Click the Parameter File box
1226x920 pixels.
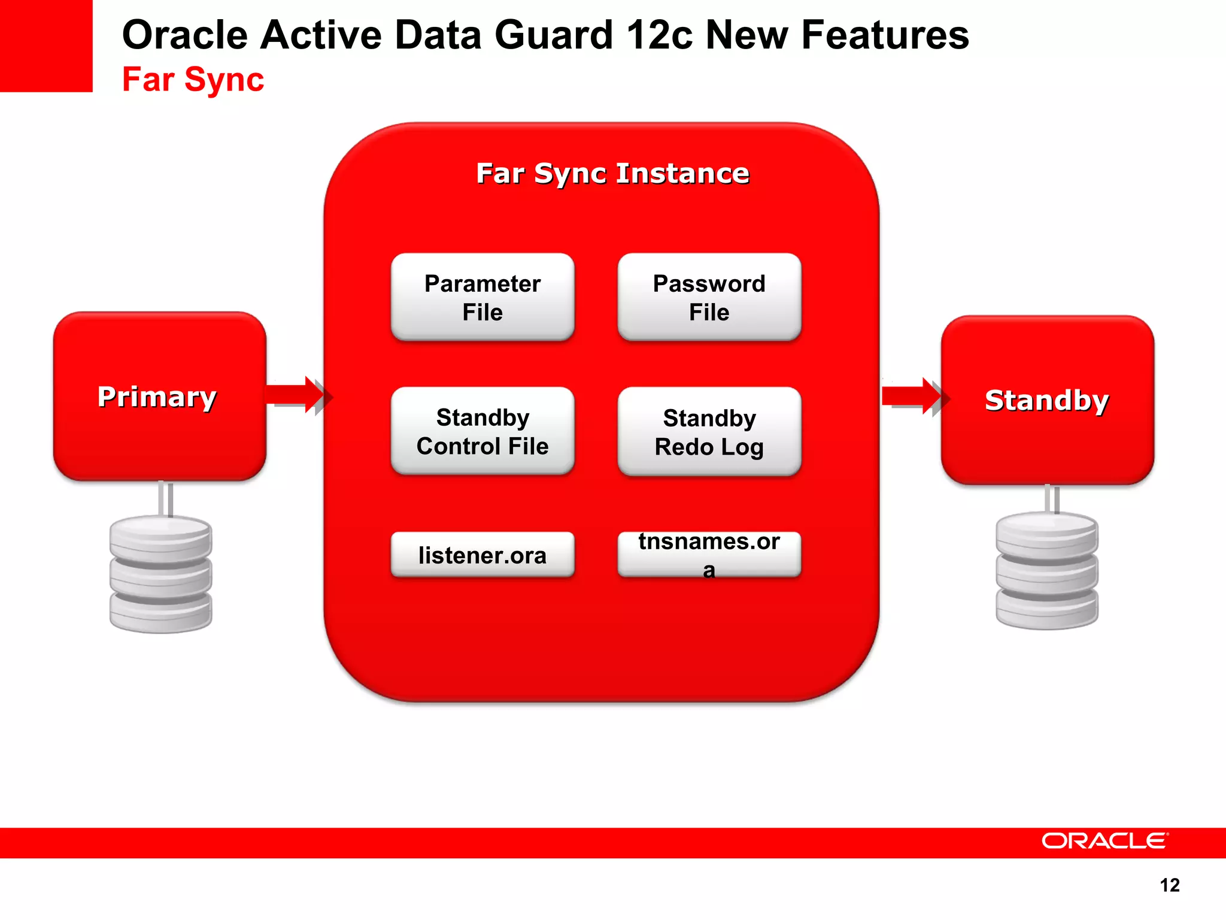482,297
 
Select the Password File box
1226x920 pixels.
709,297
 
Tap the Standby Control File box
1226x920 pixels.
482,431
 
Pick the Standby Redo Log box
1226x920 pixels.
709,432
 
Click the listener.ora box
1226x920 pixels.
482,555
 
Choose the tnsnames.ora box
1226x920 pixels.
709,555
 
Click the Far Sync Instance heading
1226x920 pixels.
612,173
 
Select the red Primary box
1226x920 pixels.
159,397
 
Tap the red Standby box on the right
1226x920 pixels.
1047,400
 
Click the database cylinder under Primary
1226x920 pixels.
160,574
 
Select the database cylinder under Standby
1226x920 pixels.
1046,570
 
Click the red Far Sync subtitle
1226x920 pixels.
193,79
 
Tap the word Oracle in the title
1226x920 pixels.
184,35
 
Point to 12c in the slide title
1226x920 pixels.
659,35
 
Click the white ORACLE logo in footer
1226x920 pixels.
1104,841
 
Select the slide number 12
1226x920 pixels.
1169,885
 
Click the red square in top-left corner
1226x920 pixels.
46,46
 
